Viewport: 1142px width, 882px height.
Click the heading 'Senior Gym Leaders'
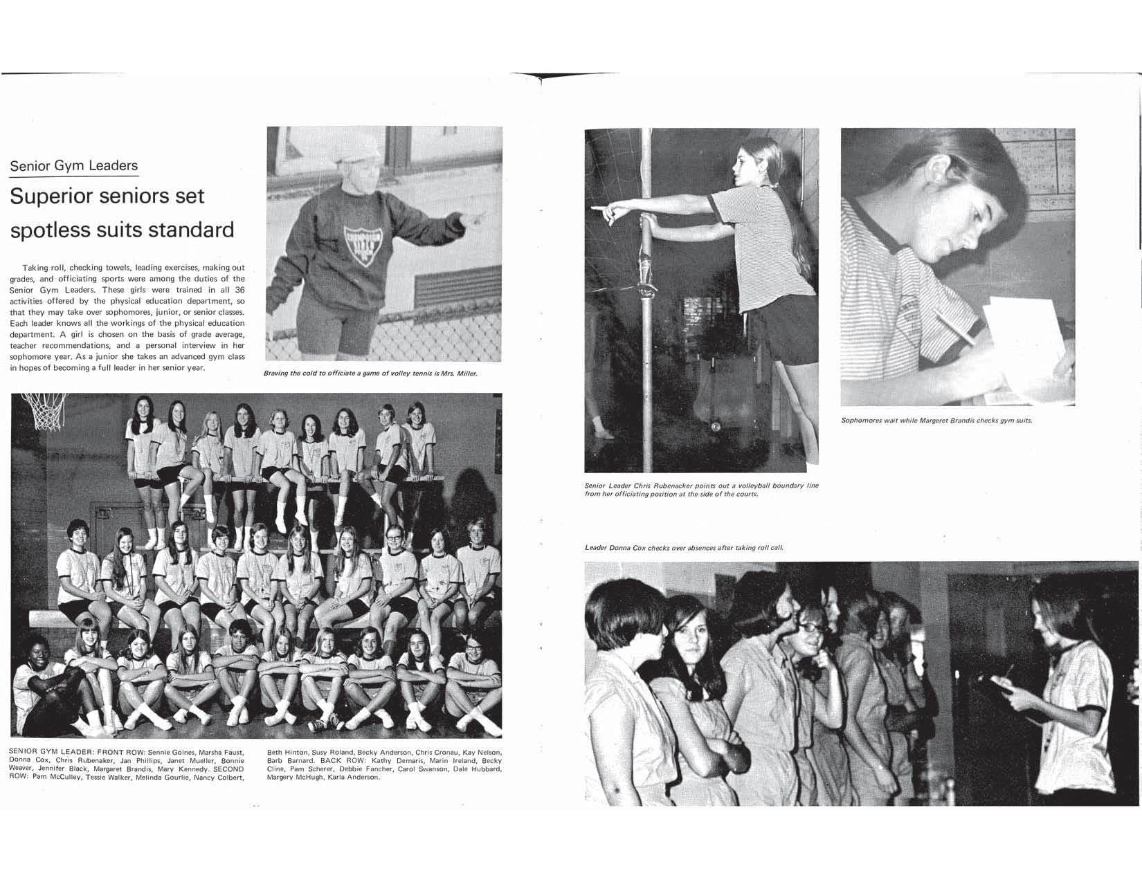click(73, 165)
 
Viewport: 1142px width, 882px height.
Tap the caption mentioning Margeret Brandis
click(936, 421)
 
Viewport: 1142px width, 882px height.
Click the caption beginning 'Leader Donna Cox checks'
click(684, 548)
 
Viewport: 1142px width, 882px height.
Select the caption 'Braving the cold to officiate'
click(370, 374)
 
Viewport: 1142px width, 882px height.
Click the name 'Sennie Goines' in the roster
click(171, 752)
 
